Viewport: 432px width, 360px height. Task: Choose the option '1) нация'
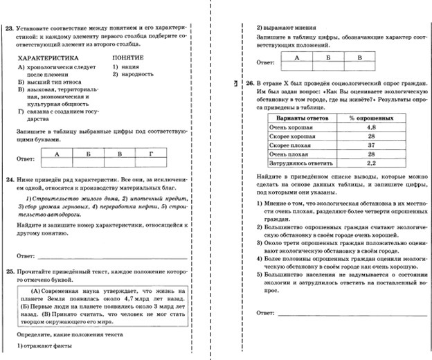125,67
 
